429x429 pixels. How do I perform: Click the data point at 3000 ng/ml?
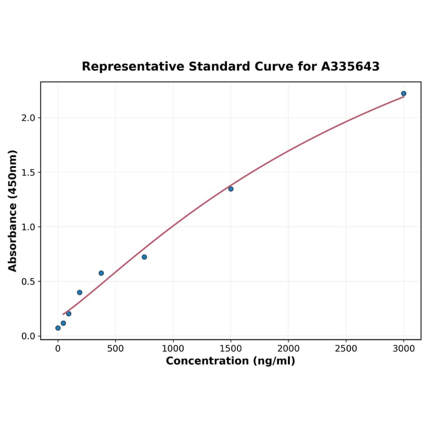[x=403, y=94]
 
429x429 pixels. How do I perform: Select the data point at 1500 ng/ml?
[x=231, y=189]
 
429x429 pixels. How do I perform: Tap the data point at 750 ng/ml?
[x=144, y=257]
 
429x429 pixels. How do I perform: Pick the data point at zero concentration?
[x=58, y=328]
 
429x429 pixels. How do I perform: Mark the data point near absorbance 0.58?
[x=101, y=273]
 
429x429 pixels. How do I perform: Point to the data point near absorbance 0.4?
[x=80, y=293]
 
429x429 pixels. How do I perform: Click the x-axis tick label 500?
[x=115, y=349]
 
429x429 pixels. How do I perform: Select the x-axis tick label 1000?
[x=173, y=349]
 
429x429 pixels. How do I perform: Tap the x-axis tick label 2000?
[x=288, y=349]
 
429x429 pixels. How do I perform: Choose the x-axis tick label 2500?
[x=346, y=349]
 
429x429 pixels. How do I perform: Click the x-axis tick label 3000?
[x=403, y=349]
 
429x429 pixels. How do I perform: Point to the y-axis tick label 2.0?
[x=28, y=118]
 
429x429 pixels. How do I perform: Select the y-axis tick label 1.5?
[x=28, y=172]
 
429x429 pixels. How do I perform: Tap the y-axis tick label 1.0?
[x=28, y=227]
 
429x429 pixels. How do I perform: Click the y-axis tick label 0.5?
[x=28, y=281]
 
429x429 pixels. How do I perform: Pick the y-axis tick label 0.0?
[x=28, y=336]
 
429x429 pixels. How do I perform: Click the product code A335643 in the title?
[x=350, y=67]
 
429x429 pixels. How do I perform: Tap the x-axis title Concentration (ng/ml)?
[x=230, y=361]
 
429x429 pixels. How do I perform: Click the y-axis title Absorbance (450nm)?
[x=13, y=211]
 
